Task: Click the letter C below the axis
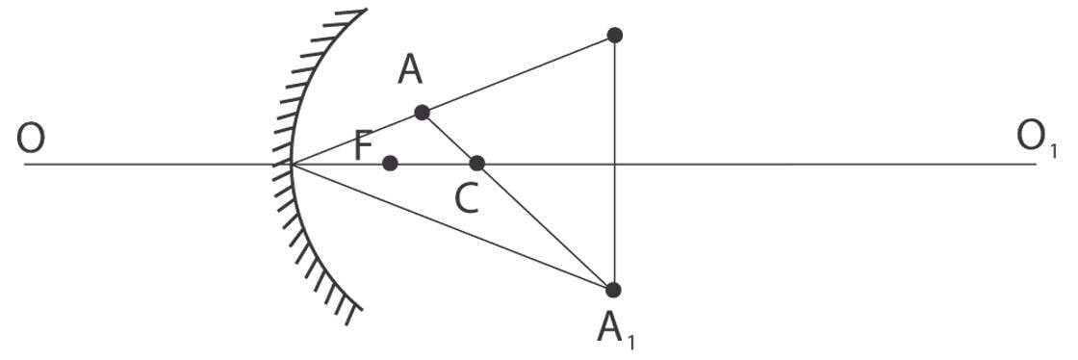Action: click(x=466, y=199)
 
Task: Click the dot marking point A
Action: click(x=422, y=113)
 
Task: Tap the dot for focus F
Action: click(x=390, y=164)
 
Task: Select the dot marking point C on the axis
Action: click(x=477, y=164)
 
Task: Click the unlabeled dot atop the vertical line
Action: click(x=615, y=36)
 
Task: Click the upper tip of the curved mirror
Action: click(x=364, y=12)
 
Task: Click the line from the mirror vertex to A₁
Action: click(x=452, y=226)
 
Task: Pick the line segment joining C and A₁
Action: click(x=546, y=226)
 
